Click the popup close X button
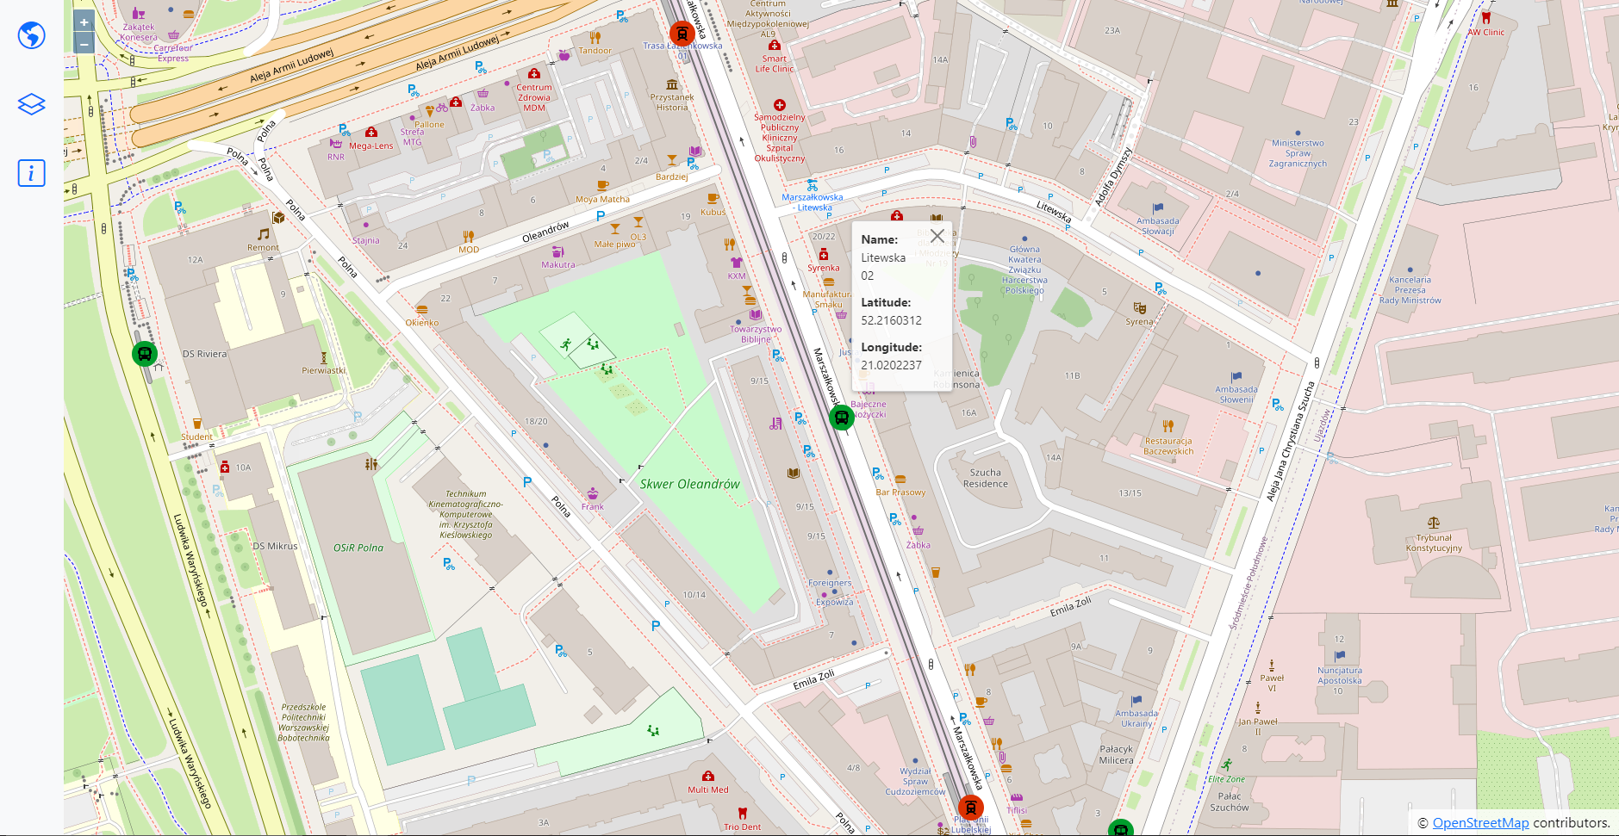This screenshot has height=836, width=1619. (x=937, y=236)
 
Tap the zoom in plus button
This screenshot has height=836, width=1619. (x=84, y=22)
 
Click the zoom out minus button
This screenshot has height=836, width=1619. (x=84, y=43)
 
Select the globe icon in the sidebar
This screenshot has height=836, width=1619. (x=32, y=35)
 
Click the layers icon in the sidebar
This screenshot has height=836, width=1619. (x=32, y=104)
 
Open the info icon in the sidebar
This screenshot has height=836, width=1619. (x=32, y=173)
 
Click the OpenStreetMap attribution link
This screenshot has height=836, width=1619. (x=1480, y=822)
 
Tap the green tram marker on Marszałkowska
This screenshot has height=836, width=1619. (x=841, y=418)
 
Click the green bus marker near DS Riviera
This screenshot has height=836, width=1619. (x=145, y=353)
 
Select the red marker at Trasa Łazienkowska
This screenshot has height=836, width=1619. (x=682, y=34)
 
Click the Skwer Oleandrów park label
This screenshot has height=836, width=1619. (x=689, y=484)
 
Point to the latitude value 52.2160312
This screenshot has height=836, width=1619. (x=891, y=320)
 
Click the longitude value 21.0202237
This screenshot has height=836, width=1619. (x=891, y=365)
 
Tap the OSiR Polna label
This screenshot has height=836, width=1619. (x=358, y=548)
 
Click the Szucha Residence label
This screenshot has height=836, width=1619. (x=985, y=478)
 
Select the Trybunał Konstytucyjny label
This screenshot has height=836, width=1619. (x=1434, y=542)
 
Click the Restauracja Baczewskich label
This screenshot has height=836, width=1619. (x=1168, y=446)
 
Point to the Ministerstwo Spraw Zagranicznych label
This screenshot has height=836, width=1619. (x=1298, y=153)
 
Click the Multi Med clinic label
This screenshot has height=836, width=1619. (x=708, y=789)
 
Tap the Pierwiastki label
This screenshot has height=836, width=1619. (x=323, y=370)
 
